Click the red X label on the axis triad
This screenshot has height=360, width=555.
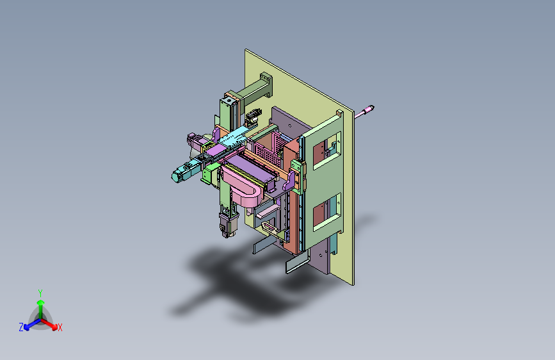(60, 327)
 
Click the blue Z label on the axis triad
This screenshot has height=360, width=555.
(21, 327)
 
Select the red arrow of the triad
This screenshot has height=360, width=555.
(51, 322)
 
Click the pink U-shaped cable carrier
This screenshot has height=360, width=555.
(246, 190)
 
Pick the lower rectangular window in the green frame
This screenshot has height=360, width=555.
(326, 210)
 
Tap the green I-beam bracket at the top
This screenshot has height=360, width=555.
(258, 87)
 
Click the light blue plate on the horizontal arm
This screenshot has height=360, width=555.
(232, 136)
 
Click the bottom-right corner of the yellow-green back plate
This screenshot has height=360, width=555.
(353, 284)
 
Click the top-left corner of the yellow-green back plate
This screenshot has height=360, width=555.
(246, 49)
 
